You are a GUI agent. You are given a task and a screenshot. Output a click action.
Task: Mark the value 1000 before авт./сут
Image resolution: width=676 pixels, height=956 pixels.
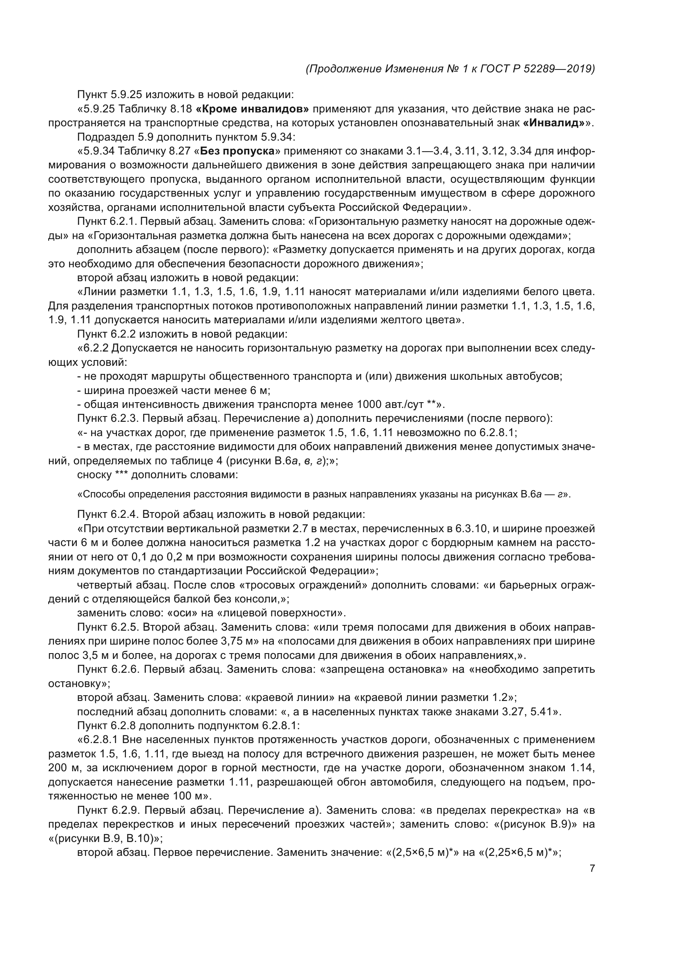pyautogui.click(x=370, y=404)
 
